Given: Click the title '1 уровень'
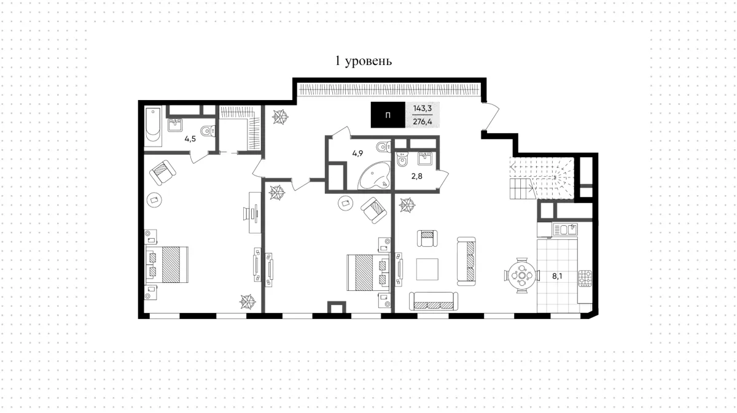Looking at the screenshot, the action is [363, 61].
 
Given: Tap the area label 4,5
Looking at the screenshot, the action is [190, 139].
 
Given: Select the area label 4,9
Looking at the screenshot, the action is [357, 153].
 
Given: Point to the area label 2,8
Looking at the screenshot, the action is [417, 176].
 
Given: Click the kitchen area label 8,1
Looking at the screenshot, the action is [557, 276].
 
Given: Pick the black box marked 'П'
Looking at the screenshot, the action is [388, 115].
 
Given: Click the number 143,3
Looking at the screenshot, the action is [423, 108].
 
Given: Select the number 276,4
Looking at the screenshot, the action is [423, 122].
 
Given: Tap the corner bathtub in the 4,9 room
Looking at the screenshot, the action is [374, 176].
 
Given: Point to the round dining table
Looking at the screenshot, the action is [522, 276].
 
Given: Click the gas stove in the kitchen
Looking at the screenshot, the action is [585, 278].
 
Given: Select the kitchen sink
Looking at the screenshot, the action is [565, 230].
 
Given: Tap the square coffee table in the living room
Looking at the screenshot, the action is [427, 269].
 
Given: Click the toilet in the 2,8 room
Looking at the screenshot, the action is [402, 160].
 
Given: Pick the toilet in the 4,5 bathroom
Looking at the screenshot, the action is [208, 131].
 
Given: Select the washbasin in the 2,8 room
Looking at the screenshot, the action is [425, 158].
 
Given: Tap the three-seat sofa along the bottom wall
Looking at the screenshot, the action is [434, 301].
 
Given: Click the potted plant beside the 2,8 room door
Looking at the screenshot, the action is [407, 205].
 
